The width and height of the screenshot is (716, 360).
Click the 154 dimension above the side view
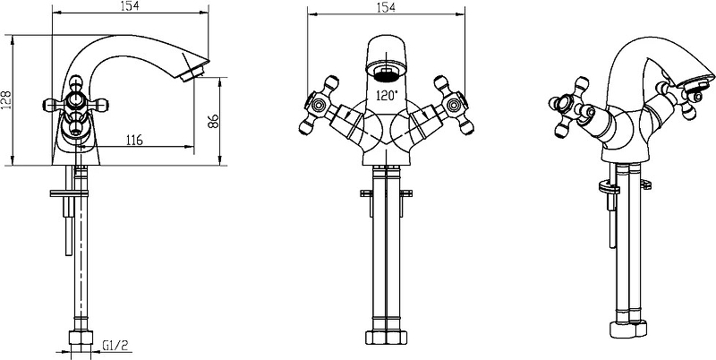click(x=131, y=6)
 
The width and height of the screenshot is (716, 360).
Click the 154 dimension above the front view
click(x=387, y=8)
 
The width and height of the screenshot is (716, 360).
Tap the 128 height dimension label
click(x=6, y=99)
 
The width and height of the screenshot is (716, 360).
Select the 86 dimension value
click(x=214, y=121)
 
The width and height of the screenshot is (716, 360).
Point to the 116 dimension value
click(x=133, y=140)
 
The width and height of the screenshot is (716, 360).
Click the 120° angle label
click(x=387, y=96)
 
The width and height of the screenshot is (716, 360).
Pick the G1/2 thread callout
click(x=114, y=346)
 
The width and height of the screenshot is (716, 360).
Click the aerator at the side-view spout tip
click(x=192, y=74)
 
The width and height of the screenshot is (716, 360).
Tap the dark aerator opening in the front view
click(x=387, y=73)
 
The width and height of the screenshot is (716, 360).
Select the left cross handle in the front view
click(x=319, y=106)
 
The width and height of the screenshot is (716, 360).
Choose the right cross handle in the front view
click(x=454, y=106)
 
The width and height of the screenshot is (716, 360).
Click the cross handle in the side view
click(x=77, y=105)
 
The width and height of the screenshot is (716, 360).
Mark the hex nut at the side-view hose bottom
click(x=81, y=339)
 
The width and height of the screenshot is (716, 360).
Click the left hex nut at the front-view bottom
click(x=376, y=338)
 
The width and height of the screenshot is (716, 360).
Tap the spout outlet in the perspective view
click(x=697, y=82)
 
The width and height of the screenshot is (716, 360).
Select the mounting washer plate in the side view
click(x=69, y=193)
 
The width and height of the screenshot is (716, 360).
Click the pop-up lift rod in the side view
click(x=69, y=210)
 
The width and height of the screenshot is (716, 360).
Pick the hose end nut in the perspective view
click(x=629, y=329)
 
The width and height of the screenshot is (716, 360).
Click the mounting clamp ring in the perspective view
click(x=609, y=187)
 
